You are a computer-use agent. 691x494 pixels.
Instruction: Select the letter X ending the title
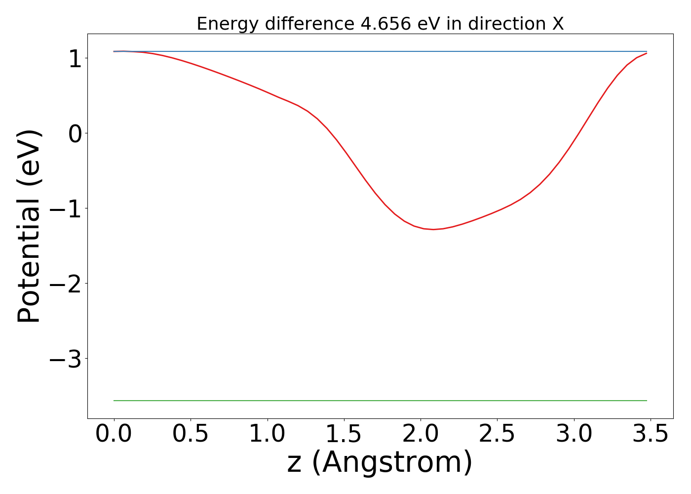[x=558, y=24]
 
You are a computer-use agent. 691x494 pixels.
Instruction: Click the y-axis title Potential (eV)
[x=30, y=226]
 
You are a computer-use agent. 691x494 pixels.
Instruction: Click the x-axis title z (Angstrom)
[x=380, y=462]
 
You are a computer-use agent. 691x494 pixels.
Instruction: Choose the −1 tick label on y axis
[x=65, y=208]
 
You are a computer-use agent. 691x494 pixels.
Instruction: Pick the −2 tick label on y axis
[x=65, y=284]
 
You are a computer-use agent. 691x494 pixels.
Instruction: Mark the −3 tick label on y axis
[x=65, y=359]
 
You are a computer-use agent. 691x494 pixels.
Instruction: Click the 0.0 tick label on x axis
[x=114, y=434]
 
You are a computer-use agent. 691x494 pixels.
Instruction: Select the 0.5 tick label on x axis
[x=191, y=434]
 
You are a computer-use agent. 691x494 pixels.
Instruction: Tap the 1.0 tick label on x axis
[x=267, y=434]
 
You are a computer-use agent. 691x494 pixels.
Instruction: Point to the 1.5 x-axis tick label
[x=344, y=434]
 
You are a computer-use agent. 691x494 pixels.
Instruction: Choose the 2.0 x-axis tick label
[x=421, y=434]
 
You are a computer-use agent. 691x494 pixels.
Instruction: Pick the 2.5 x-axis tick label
[x=497, y=434]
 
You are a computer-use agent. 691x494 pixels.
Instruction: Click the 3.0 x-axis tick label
[x=574, y=434]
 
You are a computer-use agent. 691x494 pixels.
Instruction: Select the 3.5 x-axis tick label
[x=651, y=434]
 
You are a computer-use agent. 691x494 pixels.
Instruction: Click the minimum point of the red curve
[x=433, y=229]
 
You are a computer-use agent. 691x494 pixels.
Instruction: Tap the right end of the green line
[x=647, y=401]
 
